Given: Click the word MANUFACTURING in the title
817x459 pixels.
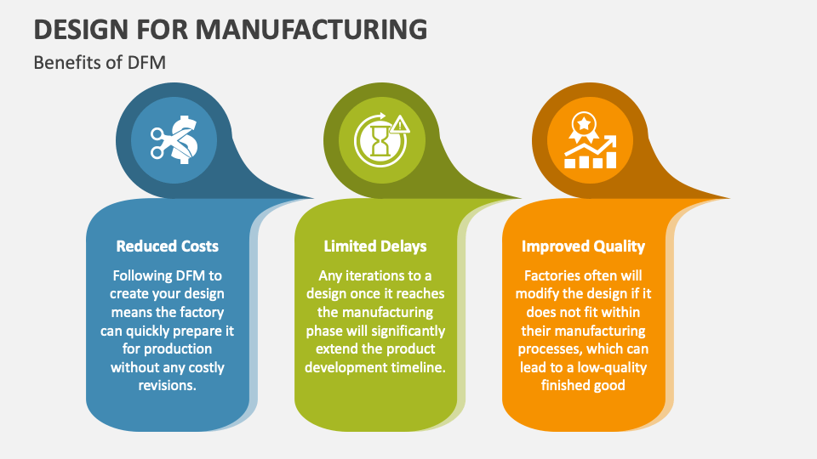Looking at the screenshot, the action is [x=311, y=29].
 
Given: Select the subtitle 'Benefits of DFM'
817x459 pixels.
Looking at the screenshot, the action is [x=100, y=62].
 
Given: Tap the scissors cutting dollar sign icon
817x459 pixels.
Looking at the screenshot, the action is [x=174, y=140].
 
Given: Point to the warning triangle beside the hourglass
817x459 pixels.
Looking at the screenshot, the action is [x=400, y=124].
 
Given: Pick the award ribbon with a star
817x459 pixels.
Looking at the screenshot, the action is [x=584, y=127].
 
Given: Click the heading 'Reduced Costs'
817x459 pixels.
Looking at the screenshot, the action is [x=168, y=246].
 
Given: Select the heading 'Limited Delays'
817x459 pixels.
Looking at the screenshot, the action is [x=375, y=246].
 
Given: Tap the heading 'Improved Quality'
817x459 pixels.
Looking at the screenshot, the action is [x=583, y=246].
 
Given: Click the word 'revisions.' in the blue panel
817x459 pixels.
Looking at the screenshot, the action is [x=168, y=385].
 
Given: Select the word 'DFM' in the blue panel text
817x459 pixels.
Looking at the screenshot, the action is [x=190, y=275].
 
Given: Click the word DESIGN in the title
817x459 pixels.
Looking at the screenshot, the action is [x=81, y=29].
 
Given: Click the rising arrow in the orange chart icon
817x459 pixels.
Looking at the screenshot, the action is [x=591, y=147].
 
